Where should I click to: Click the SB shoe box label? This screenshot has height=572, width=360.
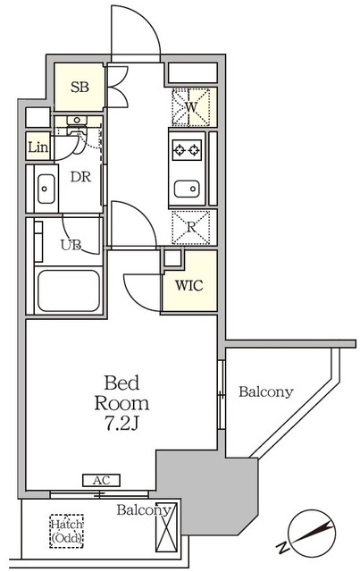[x=80, y=88]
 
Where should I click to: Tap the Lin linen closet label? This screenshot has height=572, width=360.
[x=38, y=147]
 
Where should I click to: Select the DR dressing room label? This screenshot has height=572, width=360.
[x=80, y=177]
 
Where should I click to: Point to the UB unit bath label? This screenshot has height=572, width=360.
[x=71, y=245]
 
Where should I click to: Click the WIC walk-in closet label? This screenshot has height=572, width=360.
[x=189, y=285]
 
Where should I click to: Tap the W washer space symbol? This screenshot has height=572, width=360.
[x=191, y=107]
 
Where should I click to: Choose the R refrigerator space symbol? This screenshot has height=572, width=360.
[x=191, y=227]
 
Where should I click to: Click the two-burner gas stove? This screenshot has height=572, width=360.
[x=187, y=150]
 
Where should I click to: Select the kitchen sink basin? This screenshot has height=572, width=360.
[x=187, y=189]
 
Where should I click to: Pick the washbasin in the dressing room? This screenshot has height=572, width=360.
[x=46, y=189]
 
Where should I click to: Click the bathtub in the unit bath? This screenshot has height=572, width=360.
[x=69, y=290]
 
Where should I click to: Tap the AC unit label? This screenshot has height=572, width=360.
[x=102, y=480]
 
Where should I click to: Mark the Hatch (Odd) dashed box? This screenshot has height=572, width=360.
[x=66, y=531]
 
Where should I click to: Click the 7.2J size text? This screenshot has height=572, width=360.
[x=121, y=423]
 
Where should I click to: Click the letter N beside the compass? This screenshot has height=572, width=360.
[x=282, y=547]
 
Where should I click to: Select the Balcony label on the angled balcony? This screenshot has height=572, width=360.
[x=266, y=391]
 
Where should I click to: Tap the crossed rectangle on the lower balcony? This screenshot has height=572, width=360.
[x=166, y=527]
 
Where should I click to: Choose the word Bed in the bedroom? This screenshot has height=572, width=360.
[x=121, y=383]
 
